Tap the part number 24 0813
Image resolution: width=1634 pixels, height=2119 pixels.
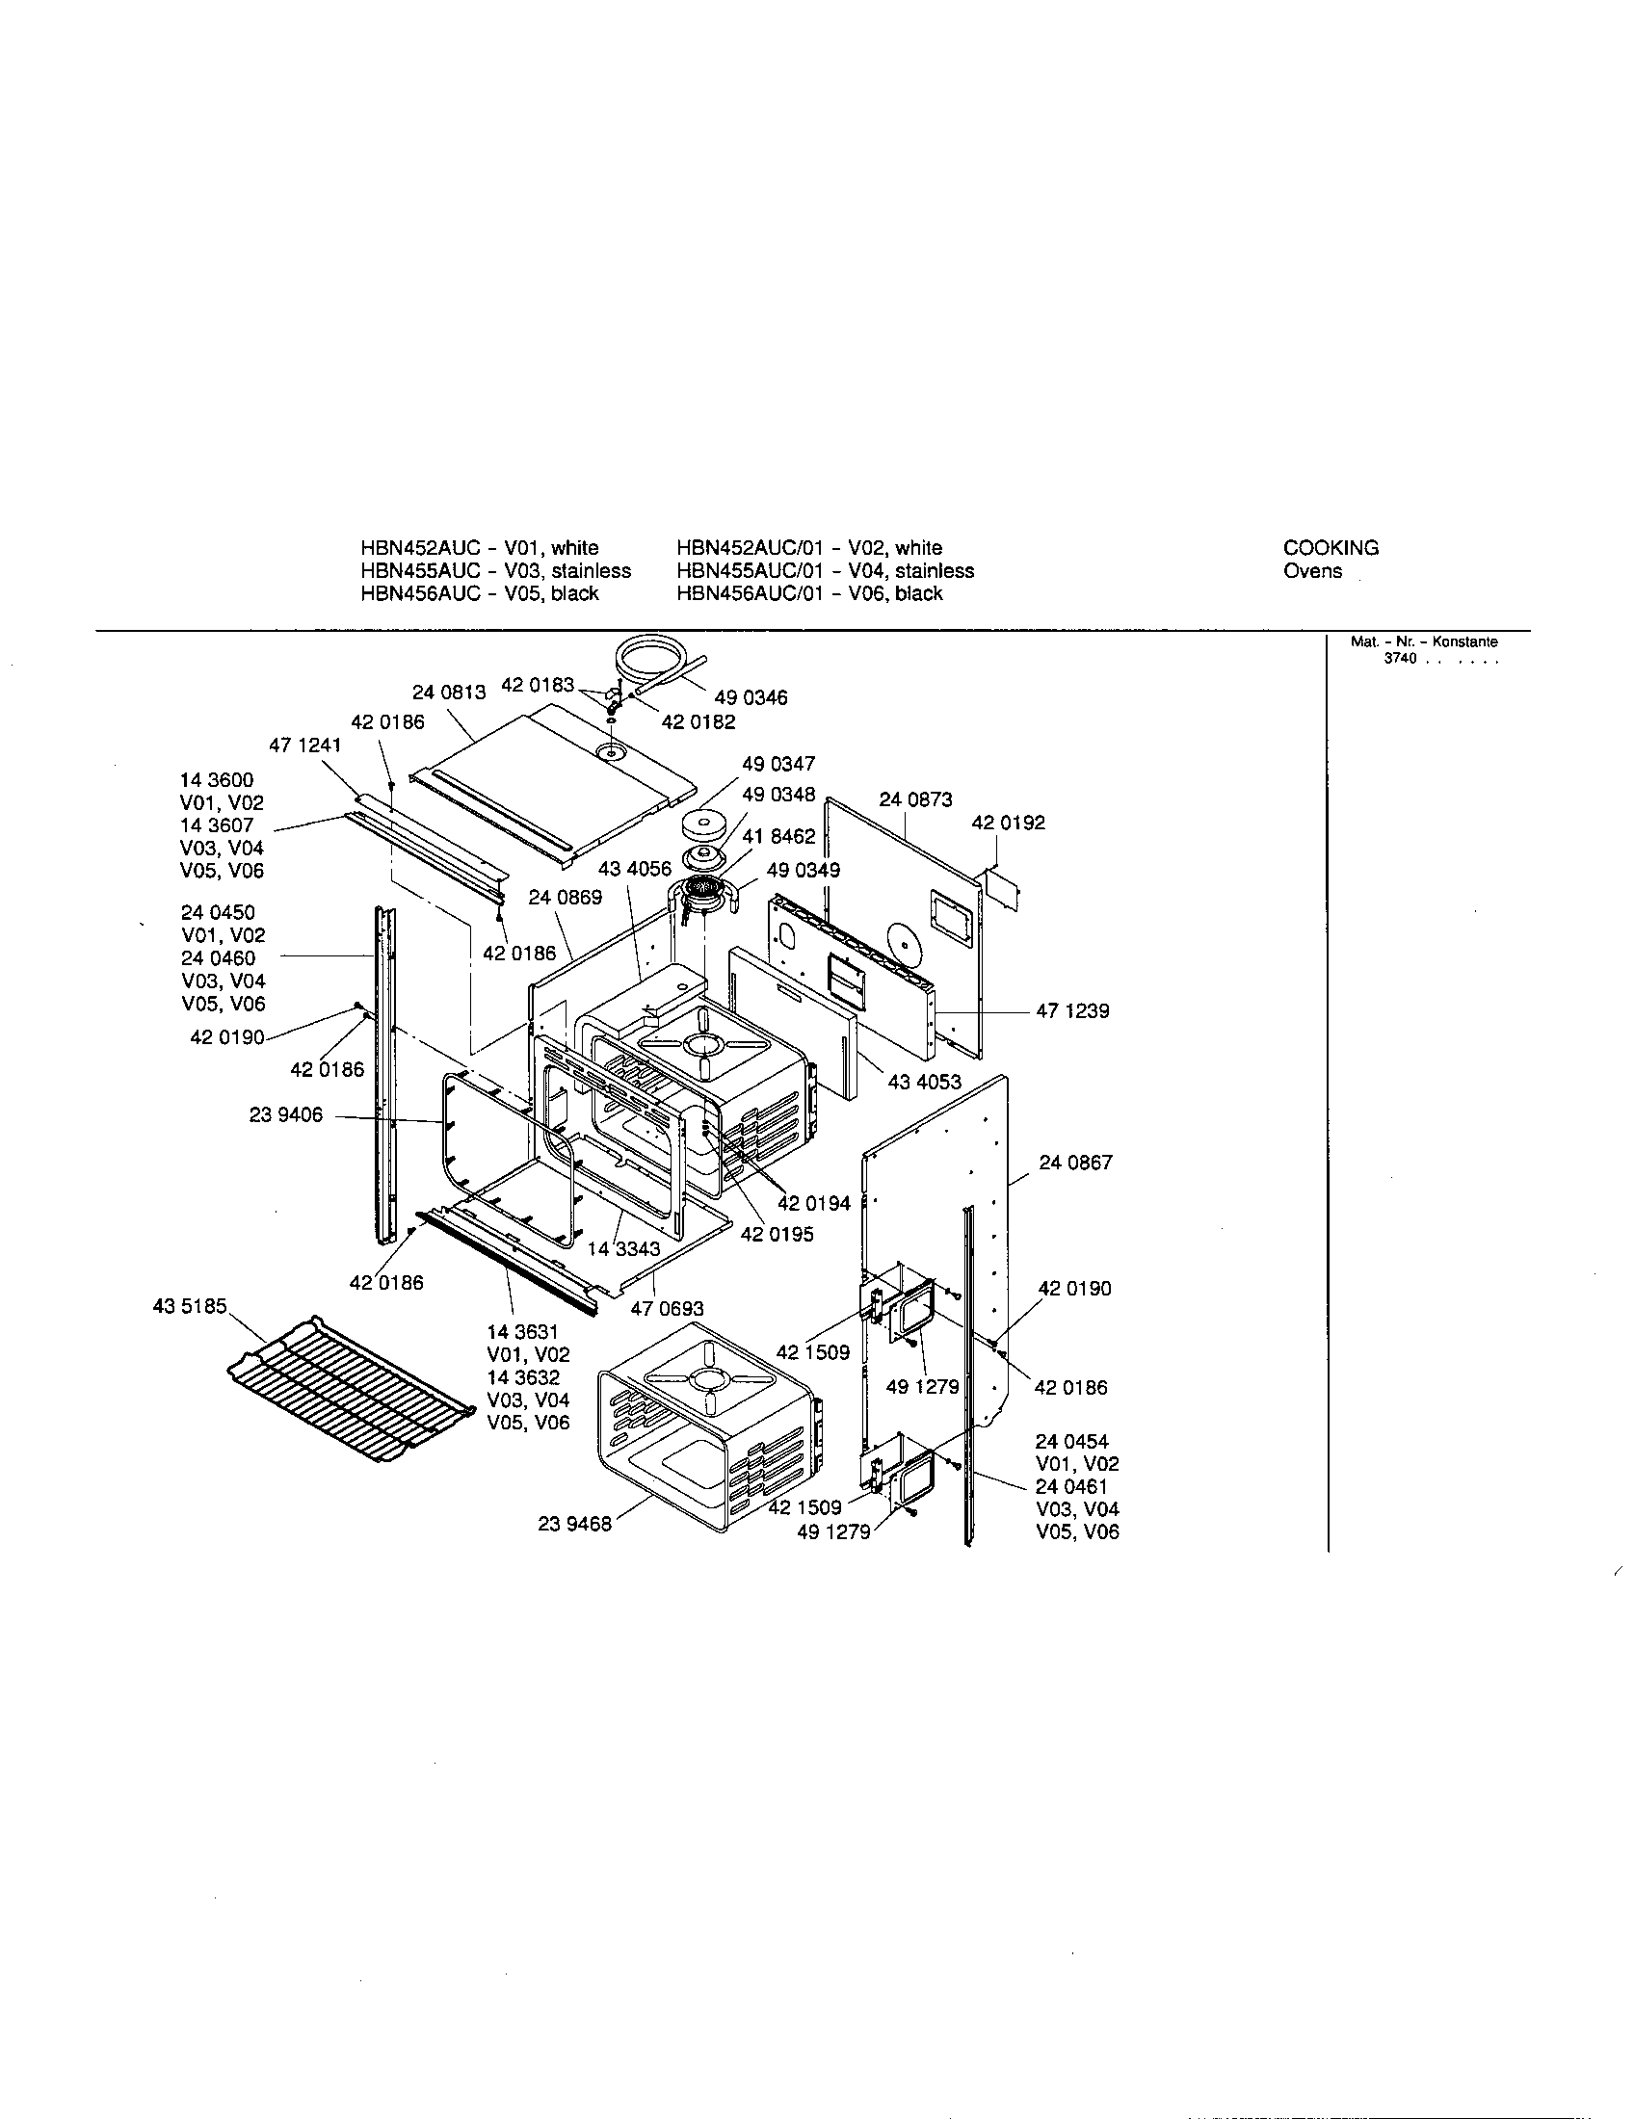pyautogui.click(x=448, y=692)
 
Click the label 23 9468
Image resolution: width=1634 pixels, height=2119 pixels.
pyautogui.click(x=574, y=1525)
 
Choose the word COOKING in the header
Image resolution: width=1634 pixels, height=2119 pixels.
pyautogui.click(x=1331, y=547)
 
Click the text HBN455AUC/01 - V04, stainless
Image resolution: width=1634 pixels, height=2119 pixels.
pyautogui.click(x=825, y=570)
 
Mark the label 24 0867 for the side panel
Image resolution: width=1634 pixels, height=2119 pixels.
pyautogui.click(x=1075, y=1163)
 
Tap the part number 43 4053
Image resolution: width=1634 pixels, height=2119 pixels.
pyautogui.click(x=924, y=1082)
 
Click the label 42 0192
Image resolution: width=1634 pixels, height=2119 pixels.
pyautogui.click(x=1008, y=823)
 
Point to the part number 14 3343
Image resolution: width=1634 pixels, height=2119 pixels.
pyautogui.click(x=623, y=1248)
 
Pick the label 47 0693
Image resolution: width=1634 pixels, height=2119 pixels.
pyautogui.click(x=667, y=1309)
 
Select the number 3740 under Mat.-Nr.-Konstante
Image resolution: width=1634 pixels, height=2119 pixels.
pyautogui.click(x=1400, y=659)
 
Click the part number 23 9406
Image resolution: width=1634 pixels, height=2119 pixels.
pyautogui.click(x=285, y=1115)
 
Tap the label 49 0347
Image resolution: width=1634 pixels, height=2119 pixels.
pyautogui.click(x=778, y=764)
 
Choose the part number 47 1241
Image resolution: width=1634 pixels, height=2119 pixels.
pyautogui.click(x=304, y=746)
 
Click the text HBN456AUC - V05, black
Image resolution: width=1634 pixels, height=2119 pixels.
pyautogui.click(x=480, y=593)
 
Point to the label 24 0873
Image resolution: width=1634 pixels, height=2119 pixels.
pyautogui.click(x=915, y=799)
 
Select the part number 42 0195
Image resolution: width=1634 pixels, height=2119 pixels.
pyautogui.click(x=777, y=1234)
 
